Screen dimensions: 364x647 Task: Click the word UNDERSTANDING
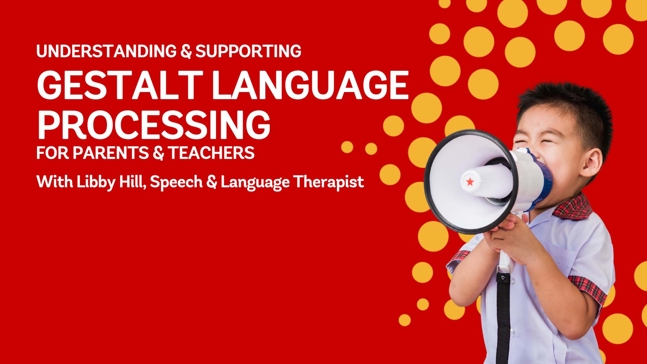point(106,51)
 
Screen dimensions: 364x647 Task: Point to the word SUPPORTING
point(248,51)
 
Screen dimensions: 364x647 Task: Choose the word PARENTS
point(111,153)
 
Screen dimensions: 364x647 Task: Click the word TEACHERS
point(211,153)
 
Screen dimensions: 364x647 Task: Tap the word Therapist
point(329,182)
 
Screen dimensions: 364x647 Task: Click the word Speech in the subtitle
point(176,182)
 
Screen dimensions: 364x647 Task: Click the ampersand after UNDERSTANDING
point(186,51)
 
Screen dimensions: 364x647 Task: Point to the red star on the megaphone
point(470,182)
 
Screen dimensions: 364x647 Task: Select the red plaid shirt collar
point(573,207)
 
